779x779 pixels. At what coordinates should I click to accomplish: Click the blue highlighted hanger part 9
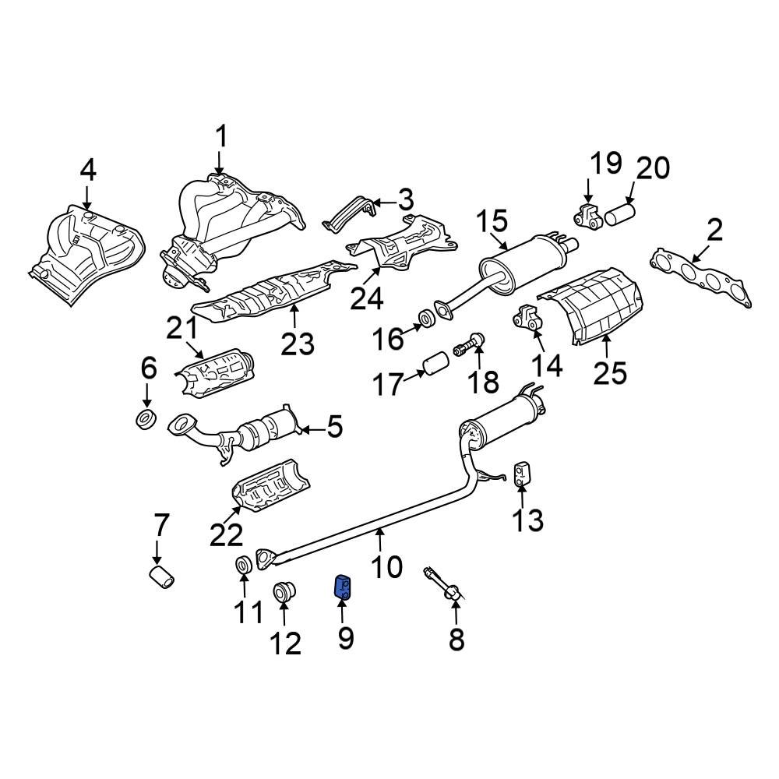click(342, 586)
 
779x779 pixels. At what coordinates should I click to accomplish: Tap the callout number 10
click(386, 566)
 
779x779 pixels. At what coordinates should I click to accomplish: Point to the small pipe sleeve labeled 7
click(161, 579)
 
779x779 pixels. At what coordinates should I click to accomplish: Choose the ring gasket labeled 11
click(243, 563)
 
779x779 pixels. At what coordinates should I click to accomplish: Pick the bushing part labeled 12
click(284, 592)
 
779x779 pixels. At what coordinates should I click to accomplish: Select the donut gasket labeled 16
click(426, 318)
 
